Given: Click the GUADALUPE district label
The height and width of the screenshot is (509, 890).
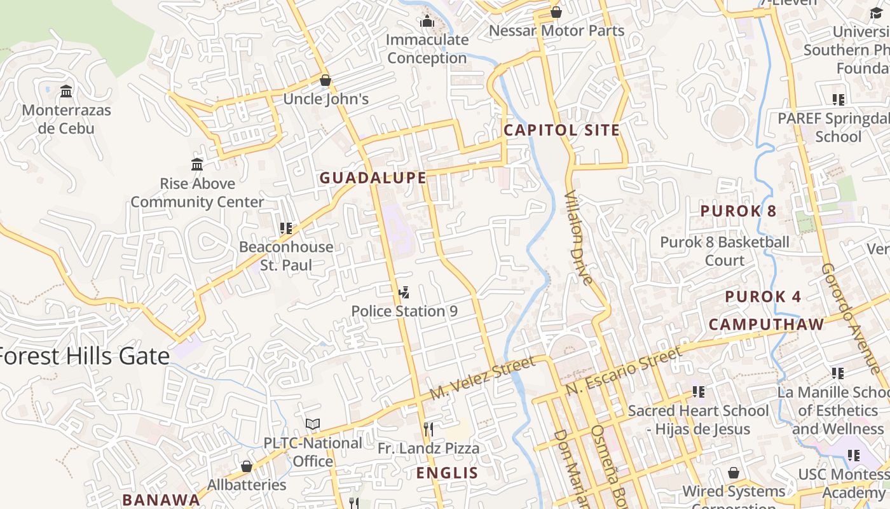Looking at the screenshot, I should point(373,178).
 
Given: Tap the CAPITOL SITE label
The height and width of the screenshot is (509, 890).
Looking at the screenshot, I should point(561,130).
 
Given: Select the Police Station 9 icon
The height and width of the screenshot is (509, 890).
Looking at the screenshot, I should point(403,293).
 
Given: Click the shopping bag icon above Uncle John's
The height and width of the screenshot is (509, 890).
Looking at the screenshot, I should point(325,80).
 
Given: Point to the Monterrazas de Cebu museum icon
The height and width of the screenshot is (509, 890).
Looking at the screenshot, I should point(66,92).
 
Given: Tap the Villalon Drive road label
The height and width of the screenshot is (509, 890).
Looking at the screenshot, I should point(578,237).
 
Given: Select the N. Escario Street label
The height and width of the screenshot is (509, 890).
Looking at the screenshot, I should point(623,370).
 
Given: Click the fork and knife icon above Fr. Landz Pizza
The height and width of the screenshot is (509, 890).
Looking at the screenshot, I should point(428,429).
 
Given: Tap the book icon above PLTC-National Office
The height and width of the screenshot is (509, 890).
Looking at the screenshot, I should point(312,424).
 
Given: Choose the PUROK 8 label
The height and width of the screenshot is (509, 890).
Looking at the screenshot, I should point(738,211).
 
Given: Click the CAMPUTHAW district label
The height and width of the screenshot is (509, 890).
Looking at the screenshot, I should point(766,324).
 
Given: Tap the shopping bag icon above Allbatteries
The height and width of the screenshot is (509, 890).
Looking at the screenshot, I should point(247,466).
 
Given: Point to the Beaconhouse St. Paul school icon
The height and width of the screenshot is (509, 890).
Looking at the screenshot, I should point(286,228).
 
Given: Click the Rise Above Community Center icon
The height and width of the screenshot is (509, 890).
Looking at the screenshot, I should point(197,165).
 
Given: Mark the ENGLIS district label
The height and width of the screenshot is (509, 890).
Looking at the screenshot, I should point(446,473).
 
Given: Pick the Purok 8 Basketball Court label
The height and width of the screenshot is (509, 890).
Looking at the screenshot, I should point(725,251).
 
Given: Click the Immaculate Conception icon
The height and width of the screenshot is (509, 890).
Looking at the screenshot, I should point(427,22).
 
